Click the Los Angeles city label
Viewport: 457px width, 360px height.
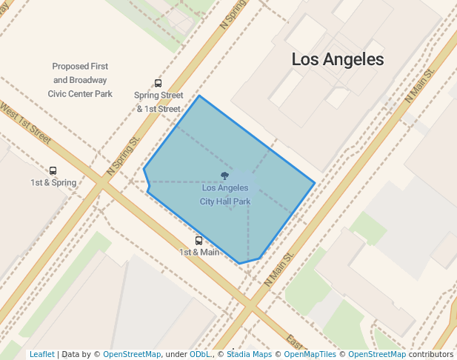pyautogui.click(x=338, y=59)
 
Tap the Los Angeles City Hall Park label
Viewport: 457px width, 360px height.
pyautogui.click(x=225, y=194)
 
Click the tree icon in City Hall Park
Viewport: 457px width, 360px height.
pyautogui.click(x=225, y=176)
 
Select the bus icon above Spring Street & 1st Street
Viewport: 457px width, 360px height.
pyautogui.click(x=158, y=84)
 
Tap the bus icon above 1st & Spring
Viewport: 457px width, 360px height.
pyautogui.click(x=53, y=171)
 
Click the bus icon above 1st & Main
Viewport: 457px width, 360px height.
pyautogui.click(x=199, y=241)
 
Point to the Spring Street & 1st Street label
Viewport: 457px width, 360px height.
pyautogui.click(x=159, y=102)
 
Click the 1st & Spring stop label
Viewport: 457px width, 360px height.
pyautogui.click(x=53, y=182)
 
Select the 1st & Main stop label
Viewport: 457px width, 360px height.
pyautogui.click(x=199, y=252)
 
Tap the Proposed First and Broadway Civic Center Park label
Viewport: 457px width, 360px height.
pyautogui.click(x=80, y=80)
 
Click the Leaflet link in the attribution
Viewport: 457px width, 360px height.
pyautogui.click(x=41, y=354)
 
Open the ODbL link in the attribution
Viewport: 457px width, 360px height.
pyautogui.click(x=200, y=354)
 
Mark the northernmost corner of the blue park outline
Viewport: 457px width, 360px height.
pyautogui.click(x=199, y=96)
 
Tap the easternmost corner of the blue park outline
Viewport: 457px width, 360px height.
pyautogui.click(x=315, y=182)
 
